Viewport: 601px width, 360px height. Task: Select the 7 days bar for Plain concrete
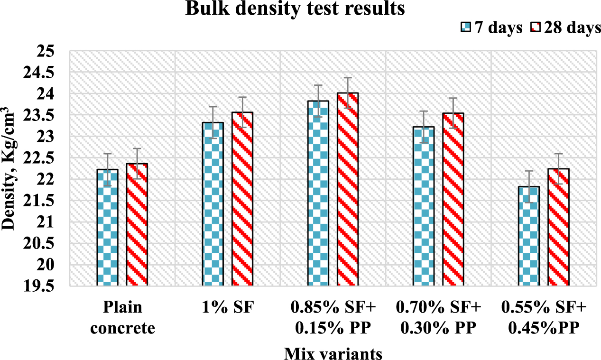[107, 228]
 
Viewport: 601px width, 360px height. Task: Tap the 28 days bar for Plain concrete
[137, 225]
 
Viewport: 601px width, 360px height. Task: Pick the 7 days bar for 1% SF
[213, 204]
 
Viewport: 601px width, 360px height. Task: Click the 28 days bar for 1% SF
[242, 199]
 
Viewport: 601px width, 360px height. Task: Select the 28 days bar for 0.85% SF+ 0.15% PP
[347, 190]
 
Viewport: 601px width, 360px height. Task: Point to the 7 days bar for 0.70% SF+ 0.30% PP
[424, 206]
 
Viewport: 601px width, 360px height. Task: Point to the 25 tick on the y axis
[47, 51]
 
